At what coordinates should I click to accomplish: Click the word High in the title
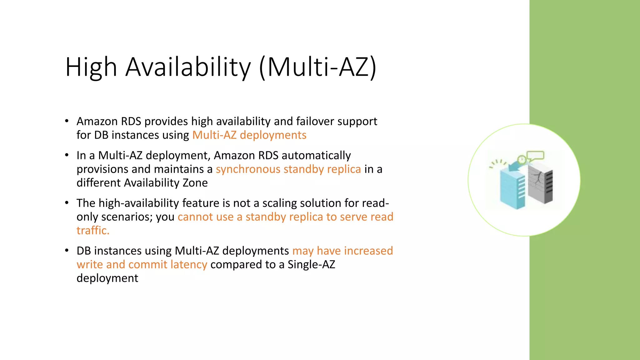[x=91, y=67]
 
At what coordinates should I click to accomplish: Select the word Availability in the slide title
[x=188, y=67]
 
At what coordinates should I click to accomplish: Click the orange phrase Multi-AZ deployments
[x=249, y=135]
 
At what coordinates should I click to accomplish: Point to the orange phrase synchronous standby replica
[x=288, y=169]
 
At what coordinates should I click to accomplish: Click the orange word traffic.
[x=93, y=231]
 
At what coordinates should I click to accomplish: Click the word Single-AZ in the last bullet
[x=311, y=265]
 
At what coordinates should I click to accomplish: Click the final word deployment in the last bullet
[x=107, y=278]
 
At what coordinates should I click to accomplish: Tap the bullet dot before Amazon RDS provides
[x=67, y=121]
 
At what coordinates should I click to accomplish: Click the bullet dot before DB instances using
[x=67, y=251]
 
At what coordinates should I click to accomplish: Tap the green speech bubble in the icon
[x=535, y=155]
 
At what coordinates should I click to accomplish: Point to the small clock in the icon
[x=522, y=160]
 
